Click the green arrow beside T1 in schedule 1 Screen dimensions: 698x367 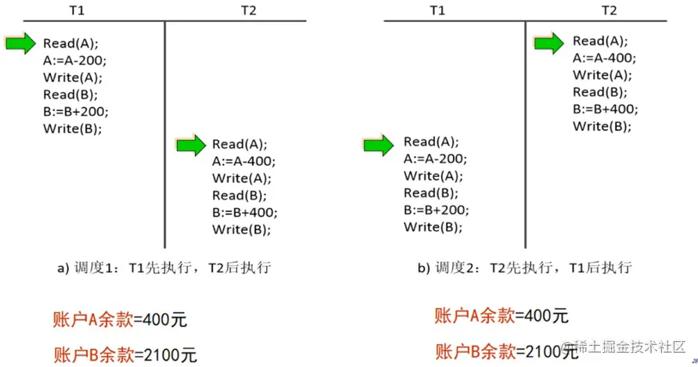coord(20,43)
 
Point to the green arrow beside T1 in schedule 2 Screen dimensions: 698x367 coord(379,143)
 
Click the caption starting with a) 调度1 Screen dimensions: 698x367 coord(164,268)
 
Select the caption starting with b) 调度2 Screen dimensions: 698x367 coord(524,268)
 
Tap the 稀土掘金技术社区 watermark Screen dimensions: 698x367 coord(633,346)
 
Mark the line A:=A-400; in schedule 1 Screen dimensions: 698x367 coord(244,161)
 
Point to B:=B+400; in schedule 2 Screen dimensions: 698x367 coord(605,110)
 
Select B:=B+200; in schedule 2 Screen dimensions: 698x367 coord(436,210)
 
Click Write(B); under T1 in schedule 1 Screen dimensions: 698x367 coord(73,128)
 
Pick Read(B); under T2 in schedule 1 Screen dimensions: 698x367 coord(239,195)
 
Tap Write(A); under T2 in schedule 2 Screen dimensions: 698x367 coord(601,75)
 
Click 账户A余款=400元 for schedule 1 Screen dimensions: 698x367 coord(120,319)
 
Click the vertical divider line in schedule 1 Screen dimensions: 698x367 coord(165,133)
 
